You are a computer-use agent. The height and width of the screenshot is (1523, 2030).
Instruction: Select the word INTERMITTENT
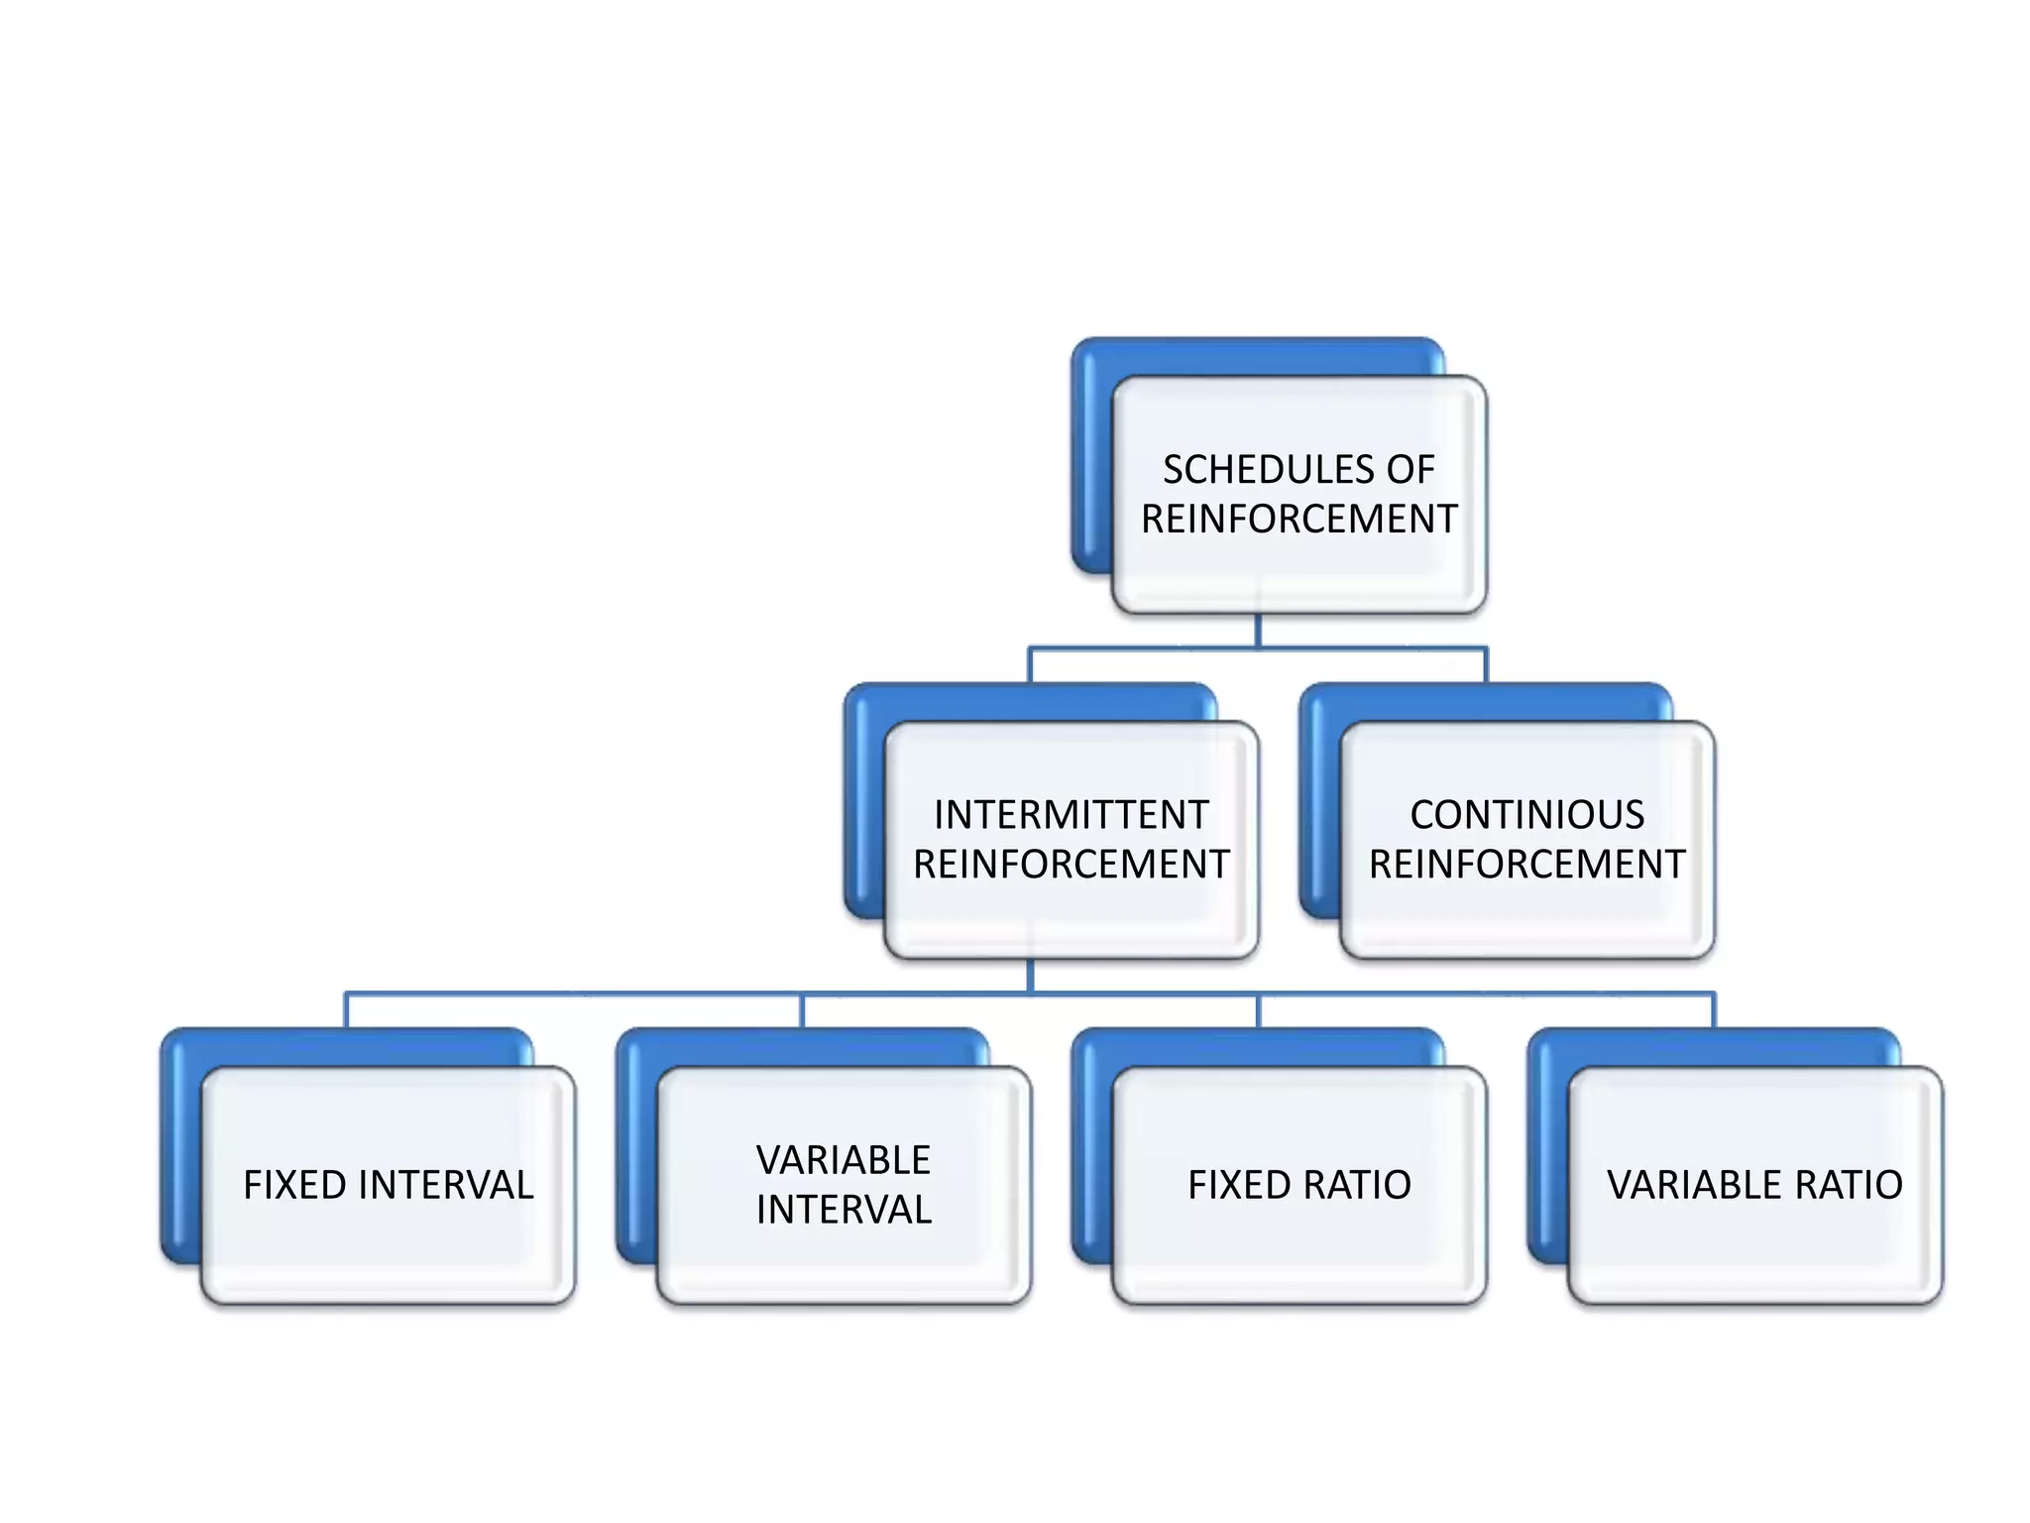(1071, 815)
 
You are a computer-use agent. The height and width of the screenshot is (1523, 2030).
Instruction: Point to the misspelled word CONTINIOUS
(1526, 815)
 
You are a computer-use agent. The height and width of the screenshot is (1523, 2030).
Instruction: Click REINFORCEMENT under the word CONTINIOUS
(1526, 865)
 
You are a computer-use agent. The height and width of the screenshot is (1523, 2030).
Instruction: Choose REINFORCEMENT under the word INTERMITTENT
(1071, 865)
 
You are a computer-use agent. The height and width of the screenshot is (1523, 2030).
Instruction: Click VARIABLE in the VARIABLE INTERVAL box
(844, 1160)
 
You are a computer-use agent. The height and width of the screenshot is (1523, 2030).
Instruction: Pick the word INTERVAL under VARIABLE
(844, 1210)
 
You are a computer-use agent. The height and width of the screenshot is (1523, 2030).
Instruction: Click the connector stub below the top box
(1258, 631)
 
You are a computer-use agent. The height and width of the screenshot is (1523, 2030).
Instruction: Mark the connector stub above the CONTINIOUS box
(1486, 665)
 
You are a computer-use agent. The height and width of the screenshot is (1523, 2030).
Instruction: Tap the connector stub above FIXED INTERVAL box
(346, 1010)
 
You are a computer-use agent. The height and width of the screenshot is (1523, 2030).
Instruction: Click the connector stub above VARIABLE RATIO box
(1714, 1010)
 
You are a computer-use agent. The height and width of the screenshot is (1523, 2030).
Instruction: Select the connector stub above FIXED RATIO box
(1258, 1010)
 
